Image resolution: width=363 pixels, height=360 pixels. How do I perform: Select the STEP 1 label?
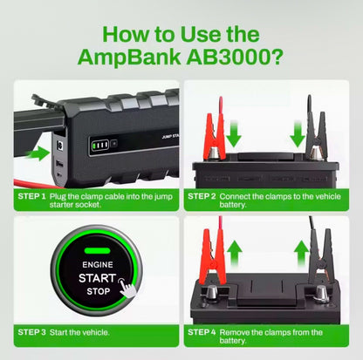tap(31, 197)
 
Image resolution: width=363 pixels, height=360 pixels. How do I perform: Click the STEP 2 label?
tap(202, 197)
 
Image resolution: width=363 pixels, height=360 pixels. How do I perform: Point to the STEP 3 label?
tap(31, 332)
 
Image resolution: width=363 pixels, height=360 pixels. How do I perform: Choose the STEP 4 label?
tap(202, 332)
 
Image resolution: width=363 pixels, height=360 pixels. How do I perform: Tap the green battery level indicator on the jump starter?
tap(101, 145)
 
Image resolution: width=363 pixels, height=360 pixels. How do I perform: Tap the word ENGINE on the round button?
tap(97, 262)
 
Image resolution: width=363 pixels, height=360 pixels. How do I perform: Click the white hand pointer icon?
tap(128, 287)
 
